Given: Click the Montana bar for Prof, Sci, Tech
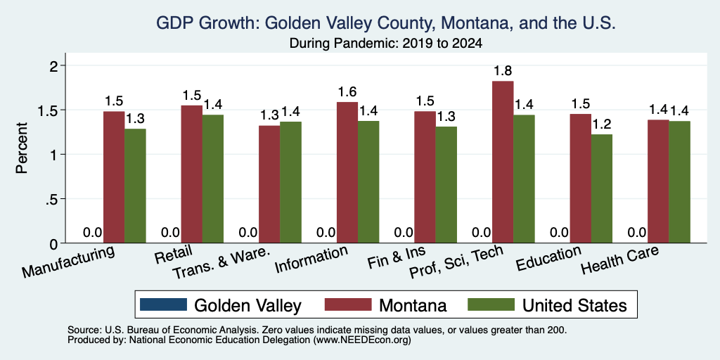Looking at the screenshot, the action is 503,162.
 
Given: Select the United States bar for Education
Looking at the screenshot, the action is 602,188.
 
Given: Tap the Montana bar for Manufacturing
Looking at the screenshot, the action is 114,176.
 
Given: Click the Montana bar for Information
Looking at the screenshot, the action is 347,172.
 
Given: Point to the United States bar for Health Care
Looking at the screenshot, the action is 679,182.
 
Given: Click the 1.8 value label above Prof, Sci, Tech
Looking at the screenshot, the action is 503,71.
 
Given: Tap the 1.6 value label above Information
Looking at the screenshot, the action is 347,92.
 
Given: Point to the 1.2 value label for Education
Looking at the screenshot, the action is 602,124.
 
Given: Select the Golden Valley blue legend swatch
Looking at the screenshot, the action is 164,304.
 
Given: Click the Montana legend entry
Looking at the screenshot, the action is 386,305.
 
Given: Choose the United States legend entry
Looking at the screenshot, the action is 547,305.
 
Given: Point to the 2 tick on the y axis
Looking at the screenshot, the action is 54,65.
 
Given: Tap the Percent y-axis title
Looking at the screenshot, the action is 21,148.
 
